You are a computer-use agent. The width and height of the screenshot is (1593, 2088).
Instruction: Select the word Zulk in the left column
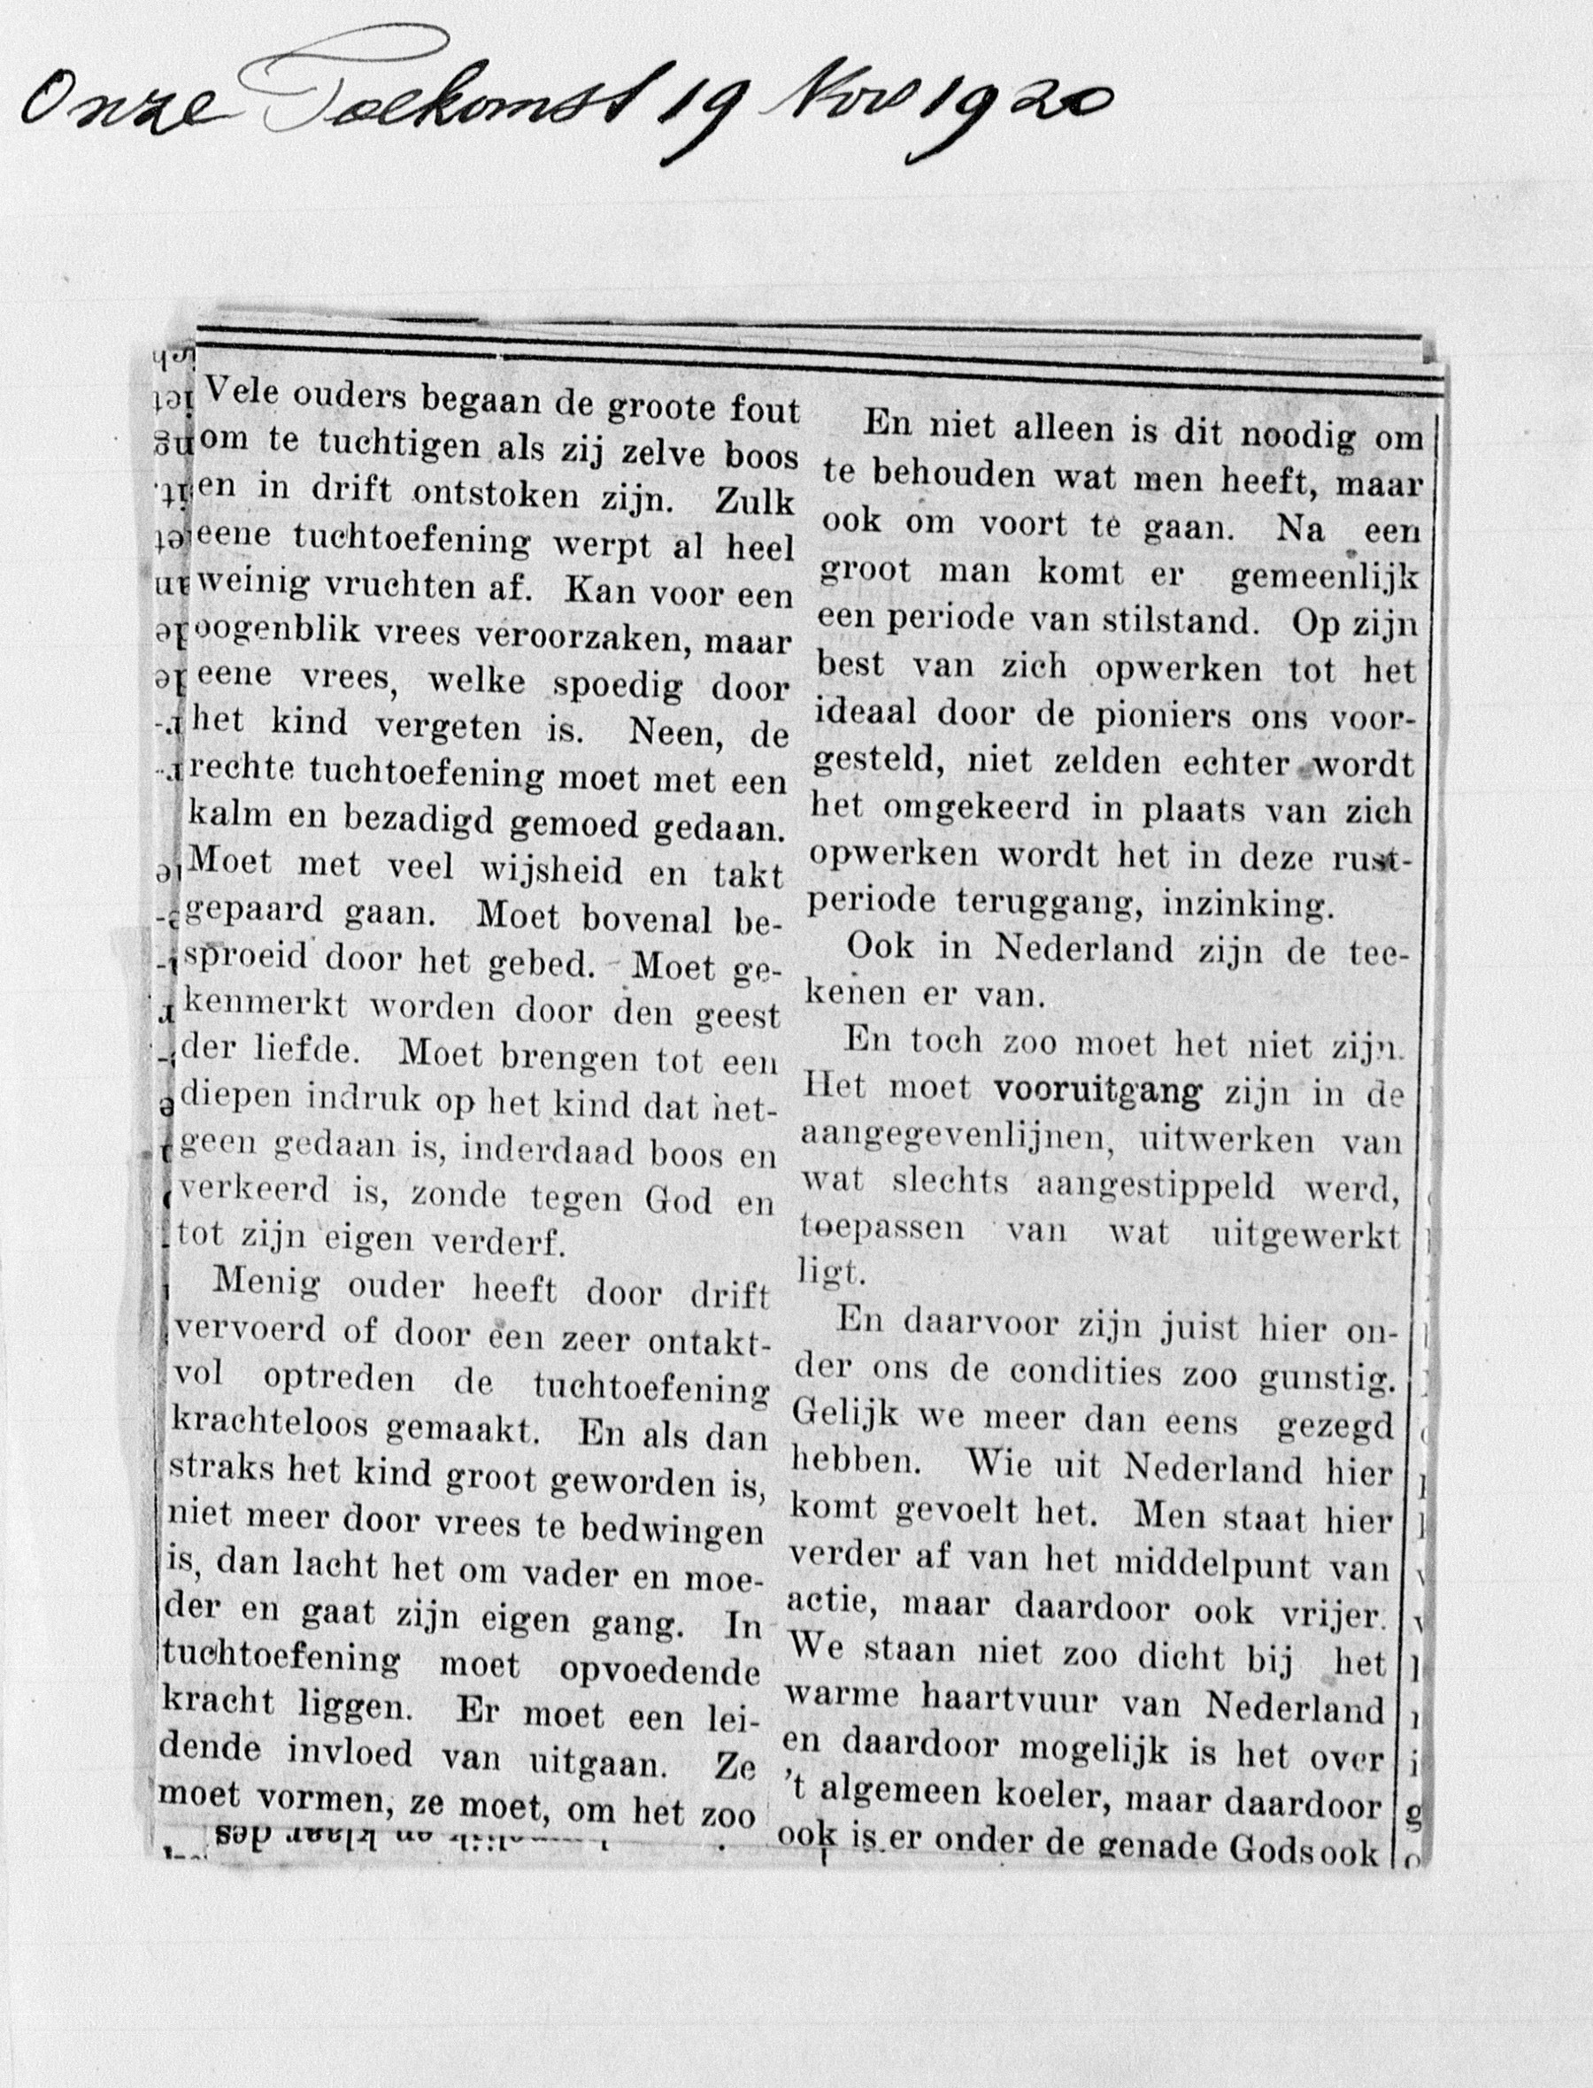pyautogui.click(x=754, y=500)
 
